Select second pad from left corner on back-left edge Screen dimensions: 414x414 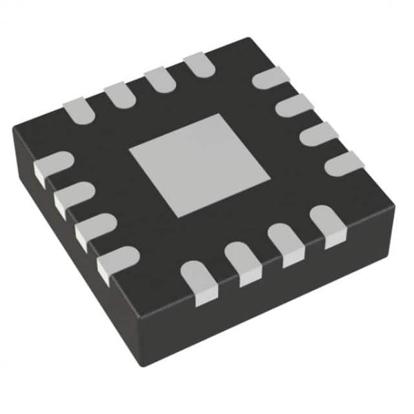point(118,92)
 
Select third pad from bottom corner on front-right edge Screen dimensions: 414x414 point(284,244)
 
